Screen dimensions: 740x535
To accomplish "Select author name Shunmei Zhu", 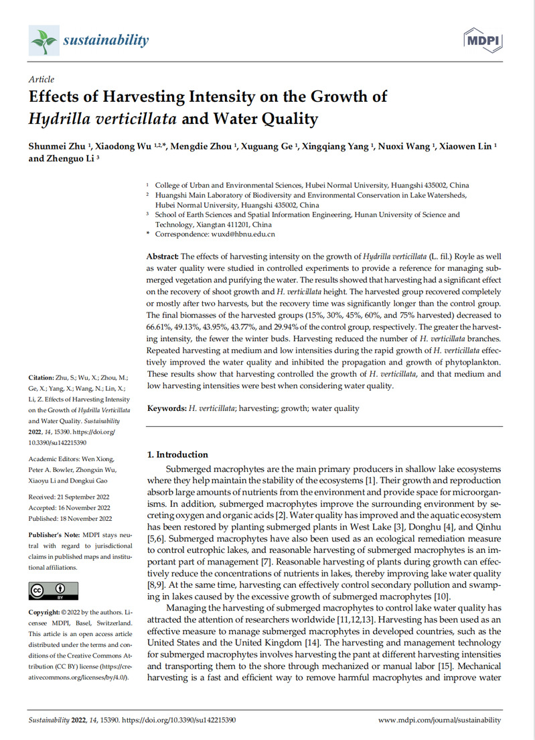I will [55, 147].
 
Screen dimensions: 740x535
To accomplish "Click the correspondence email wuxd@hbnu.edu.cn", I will [244, 234].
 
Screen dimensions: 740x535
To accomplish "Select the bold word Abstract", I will [163, 257].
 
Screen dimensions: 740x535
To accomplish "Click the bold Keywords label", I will [167, 408].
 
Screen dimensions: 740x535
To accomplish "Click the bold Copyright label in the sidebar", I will [47, 613].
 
